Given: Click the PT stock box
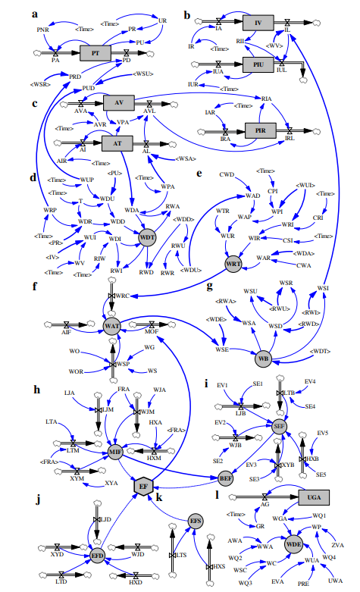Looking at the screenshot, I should pyautogui.click(x=95, y=53).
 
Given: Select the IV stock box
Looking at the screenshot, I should pyautogui.click(x=258, y=23).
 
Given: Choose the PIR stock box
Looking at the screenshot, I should pyautogui.click(x=260, y=130).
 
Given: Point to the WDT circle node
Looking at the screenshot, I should pyautogui.click(x=147, y=237).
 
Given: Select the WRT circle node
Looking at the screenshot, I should pyautogui.click(x=233, y=264).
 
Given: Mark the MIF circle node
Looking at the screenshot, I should pyautogui.click(x=115, y=452).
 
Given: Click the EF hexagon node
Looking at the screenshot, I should pyautogui.click(x=143, y=485).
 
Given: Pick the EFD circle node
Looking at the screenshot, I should pyautogui.click(x=97, y=556).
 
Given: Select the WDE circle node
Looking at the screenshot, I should pyautogui.click(x=293, y=543).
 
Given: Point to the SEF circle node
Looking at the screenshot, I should pyautogui.click(x=279, y=426).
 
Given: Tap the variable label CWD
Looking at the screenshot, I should pyautogui.click(x=226, y=175).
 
